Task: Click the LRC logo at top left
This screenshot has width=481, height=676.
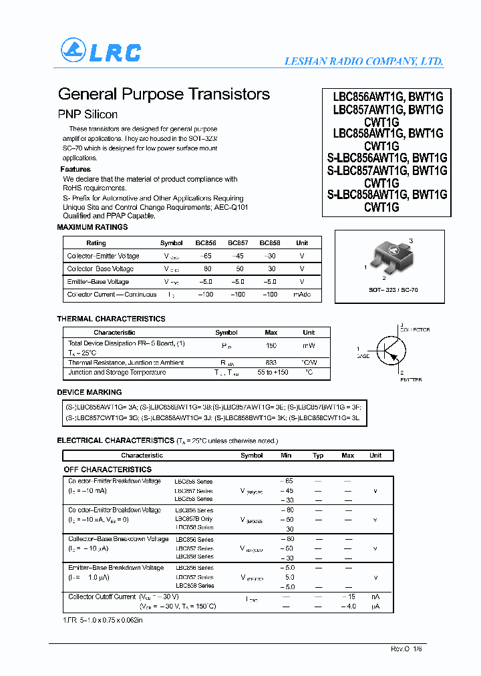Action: (x=101, y=51)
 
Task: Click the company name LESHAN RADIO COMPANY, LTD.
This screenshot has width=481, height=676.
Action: (x=364, y=61)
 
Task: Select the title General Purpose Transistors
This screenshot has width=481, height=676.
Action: (x=164, y=94)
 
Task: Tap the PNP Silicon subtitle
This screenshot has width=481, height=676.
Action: (x=88, y=114)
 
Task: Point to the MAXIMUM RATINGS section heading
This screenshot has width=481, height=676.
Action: (x=92, y=227)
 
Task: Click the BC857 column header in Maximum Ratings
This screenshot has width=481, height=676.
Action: (x=238, y=243)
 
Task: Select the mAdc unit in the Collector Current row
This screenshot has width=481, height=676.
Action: (x=302, y=295)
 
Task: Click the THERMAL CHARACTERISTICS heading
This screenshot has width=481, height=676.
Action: (x=111, y=319)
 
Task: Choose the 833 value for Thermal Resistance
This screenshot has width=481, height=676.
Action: (x=271, y=363)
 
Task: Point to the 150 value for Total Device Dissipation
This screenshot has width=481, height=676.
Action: (x=271, y=345)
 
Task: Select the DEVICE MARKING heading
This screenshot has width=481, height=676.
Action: (x=90, y=392)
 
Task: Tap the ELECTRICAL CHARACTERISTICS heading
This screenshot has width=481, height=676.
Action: (x=115, y=441)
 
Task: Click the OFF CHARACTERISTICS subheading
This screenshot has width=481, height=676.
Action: (x=108, y=470)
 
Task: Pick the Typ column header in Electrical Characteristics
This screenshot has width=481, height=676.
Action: (x=318, y=456)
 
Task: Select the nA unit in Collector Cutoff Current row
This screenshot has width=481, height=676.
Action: (x=375, y=597)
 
